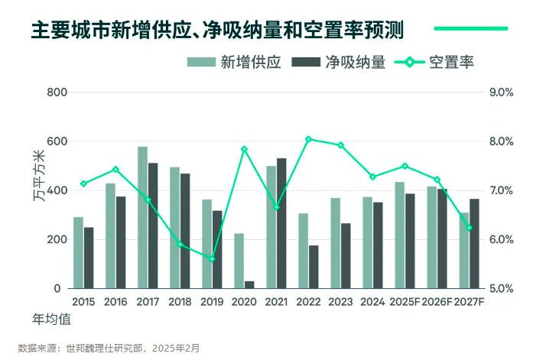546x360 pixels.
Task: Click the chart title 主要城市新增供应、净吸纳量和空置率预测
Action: pos(217,30)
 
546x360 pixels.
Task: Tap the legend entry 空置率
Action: pos(434,63)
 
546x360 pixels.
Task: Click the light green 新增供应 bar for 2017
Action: pos(143,218)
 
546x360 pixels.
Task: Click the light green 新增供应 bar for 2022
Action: pos(304,251)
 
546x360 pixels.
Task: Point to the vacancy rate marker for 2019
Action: pos(212,259)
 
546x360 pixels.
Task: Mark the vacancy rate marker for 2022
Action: pos(308,139)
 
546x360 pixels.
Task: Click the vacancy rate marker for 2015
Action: pos(83,183)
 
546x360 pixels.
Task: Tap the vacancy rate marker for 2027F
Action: pos(470,228)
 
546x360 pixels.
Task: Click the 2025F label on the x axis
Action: pos(405,302)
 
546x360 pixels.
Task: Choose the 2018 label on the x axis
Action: pos(180,302)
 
